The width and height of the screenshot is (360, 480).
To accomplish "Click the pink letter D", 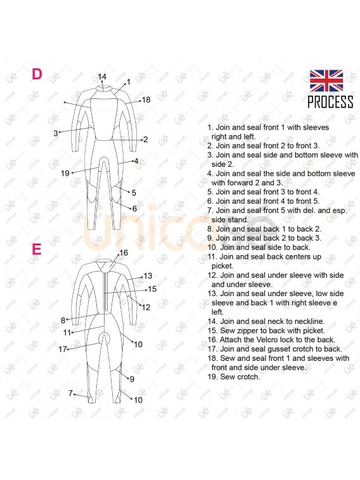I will point(37,74).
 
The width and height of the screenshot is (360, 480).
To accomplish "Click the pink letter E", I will point(37,249).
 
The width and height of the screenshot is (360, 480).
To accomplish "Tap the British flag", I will point(326,81).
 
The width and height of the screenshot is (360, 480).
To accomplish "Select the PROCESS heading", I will point(330,102).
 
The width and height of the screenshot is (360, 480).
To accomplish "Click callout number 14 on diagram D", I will point(102,77).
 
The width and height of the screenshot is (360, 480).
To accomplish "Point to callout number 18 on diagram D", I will point(146,100).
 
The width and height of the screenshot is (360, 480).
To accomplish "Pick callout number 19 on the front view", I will point(65,173).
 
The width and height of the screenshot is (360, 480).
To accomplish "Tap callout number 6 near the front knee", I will point(134,208).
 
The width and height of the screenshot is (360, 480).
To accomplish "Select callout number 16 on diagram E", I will point(124,252).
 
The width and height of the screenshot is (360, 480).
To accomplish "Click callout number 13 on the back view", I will point(148,276).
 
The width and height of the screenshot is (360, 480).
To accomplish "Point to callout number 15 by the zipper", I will point(152,289).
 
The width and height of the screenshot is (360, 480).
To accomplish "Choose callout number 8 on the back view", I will point(63,320).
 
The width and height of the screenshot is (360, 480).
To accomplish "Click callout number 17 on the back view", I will point(63,349).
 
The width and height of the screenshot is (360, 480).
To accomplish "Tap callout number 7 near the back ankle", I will point(70,393).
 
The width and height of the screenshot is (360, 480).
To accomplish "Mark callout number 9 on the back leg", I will point(132,379).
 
